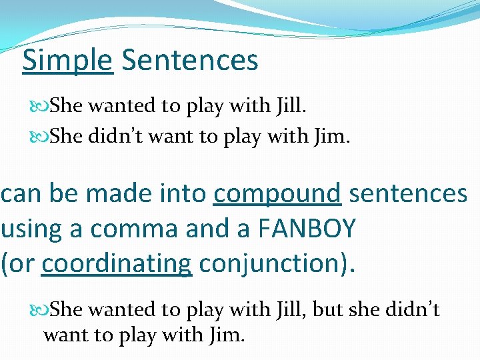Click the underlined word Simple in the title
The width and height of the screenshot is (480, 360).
pos(67,60)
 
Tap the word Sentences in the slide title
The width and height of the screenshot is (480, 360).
pos(190,60)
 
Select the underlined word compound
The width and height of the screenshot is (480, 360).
pos(277,195)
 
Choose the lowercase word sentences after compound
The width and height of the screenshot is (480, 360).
pos(408,195)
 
